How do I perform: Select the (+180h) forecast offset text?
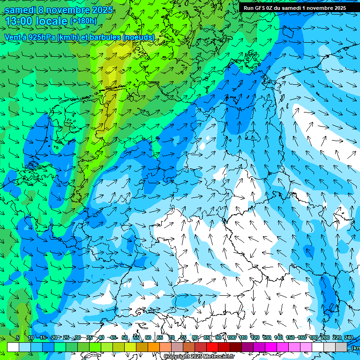83,21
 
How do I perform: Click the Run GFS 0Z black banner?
294,7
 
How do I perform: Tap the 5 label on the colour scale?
18,338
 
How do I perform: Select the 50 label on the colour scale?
124,338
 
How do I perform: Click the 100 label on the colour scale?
231,338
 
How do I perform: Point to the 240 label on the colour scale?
348,338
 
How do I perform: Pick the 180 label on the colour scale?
313,338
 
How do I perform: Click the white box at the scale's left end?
13,347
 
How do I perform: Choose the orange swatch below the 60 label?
154,347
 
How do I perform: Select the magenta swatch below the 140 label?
283,347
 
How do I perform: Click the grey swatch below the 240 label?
341,347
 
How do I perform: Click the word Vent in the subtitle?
13,37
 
